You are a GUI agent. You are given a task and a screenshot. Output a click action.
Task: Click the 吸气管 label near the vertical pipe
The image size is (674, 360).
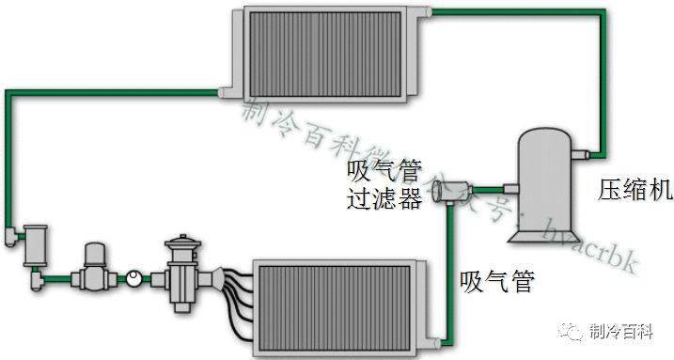[x=497, y=279]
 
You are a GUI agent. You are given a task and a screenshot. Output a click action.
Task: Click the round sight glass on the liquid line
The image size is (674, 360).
[x=135, y=278]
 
